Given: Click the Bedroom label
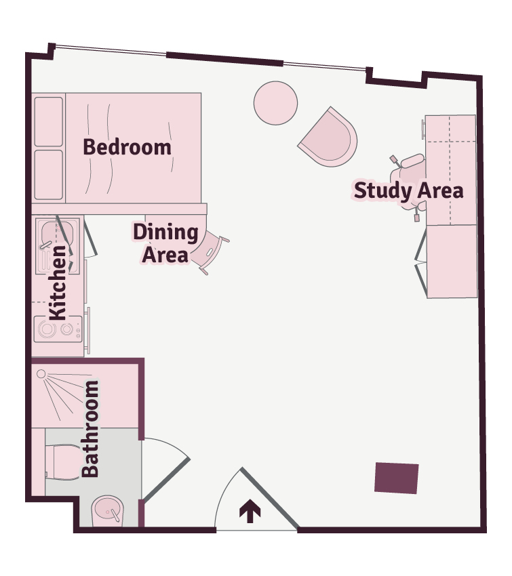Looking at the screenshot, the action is point(127,147).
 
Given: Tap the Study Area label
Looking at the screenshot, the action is point(408,191).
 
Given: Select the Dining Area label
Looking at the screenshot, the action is point(165,243).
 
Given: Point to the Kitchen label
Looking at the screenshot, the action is point(58,283).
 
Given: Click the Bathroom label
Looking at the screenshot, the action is point(90,429).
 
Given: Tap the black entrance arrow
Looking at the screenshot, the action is point(250,511).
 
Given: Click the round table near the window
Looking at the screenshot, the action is point(275,103).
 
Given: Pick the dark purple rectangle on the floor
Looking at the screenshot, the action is point(396,478).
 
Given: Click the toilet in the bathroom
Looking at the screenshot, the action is point(62,462).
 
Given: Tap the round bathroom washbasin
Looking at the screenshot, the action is point(107,511).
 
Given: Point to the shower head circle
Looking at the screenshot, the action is point(41,374).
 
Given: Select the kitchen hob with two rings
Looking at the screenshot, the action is point(58,329).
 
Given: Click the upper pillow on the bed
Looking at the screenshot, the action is point(49,121).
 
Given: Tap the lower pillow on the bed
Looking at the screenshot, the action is point(49,175).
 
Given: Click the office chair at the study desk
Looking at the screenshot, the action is point(410,187).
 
